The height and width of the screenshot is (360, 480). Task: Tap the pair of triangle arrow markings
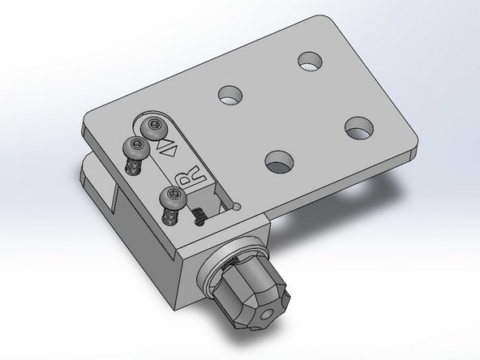point(169,148)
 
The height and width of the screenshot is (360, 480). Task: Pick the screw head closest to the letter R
point(171,195)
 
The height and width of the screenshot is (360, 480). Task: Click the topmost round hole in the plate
point(308,61)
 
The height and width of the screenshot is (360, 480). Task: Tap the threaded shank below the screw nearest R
point(169,216)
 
